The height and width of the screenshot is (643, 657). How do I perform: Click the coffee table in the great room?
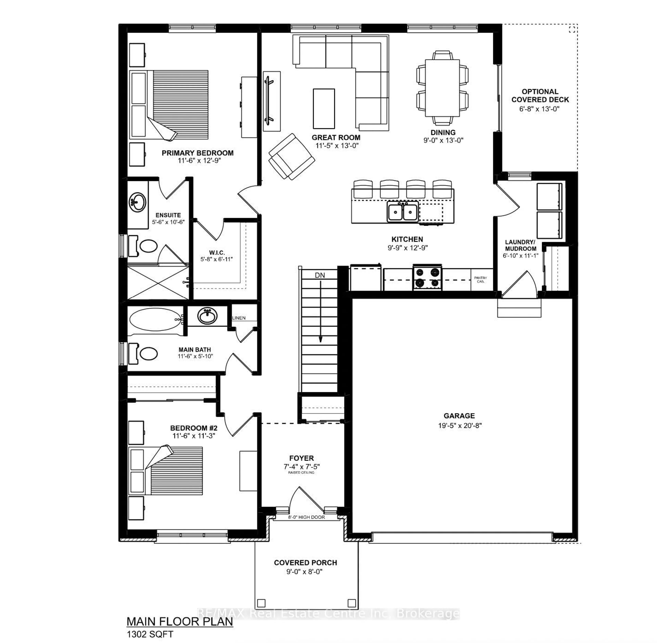(x=324, y=109)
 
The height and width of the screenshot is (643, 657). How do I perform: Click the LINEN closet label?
(x=239, y=318)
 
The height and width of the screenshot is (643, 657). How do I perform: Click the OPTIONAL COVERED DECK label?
(x=540, y=96)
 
